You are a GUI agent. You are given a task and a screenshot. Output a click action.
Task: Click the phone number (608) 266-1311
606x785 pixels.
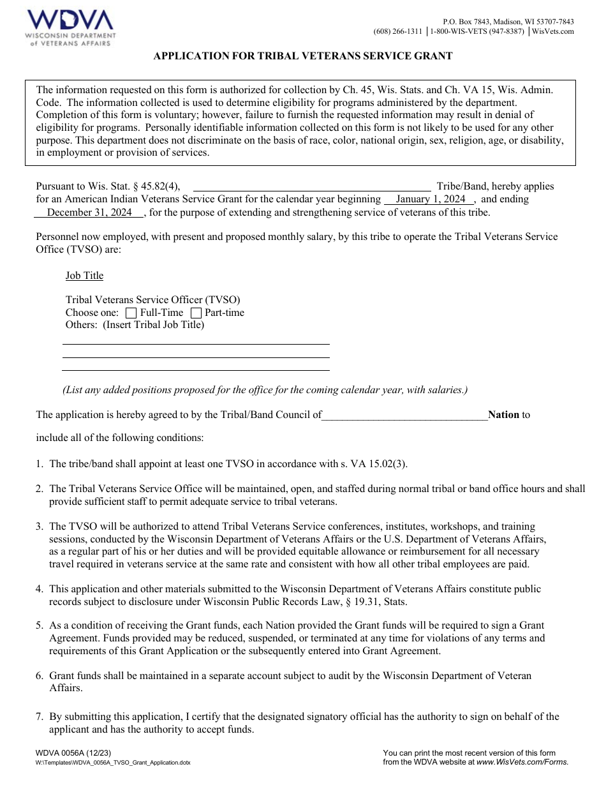pos(398,31)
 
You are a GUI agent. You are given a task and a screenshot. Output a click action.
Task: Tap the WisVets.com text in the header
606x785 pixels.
pos(552,31)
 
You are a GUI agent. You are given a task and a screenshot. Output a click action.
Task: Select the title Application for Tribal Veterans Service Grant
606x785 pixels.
pos(303,56)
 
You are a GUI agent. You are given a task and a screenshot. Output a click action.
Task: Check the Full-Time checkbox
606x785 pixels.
pos(131,313)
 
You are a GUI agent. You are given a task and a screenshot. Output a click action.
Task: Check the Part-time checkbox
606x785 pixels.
pos(196,313)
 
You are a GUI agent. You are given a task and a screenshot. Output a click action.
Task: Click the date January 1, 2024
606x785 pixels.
pos(431,199)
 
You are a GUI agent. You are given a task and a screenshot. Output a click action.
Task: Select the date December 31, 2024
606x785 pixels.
pos(90,213)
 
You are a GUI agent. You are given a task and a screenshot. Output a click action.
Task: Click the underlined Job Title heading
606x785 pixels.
pos(84,276)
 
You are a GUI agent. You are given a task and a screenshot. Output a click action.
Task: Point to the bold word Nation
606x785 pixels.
pos(503,415)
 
